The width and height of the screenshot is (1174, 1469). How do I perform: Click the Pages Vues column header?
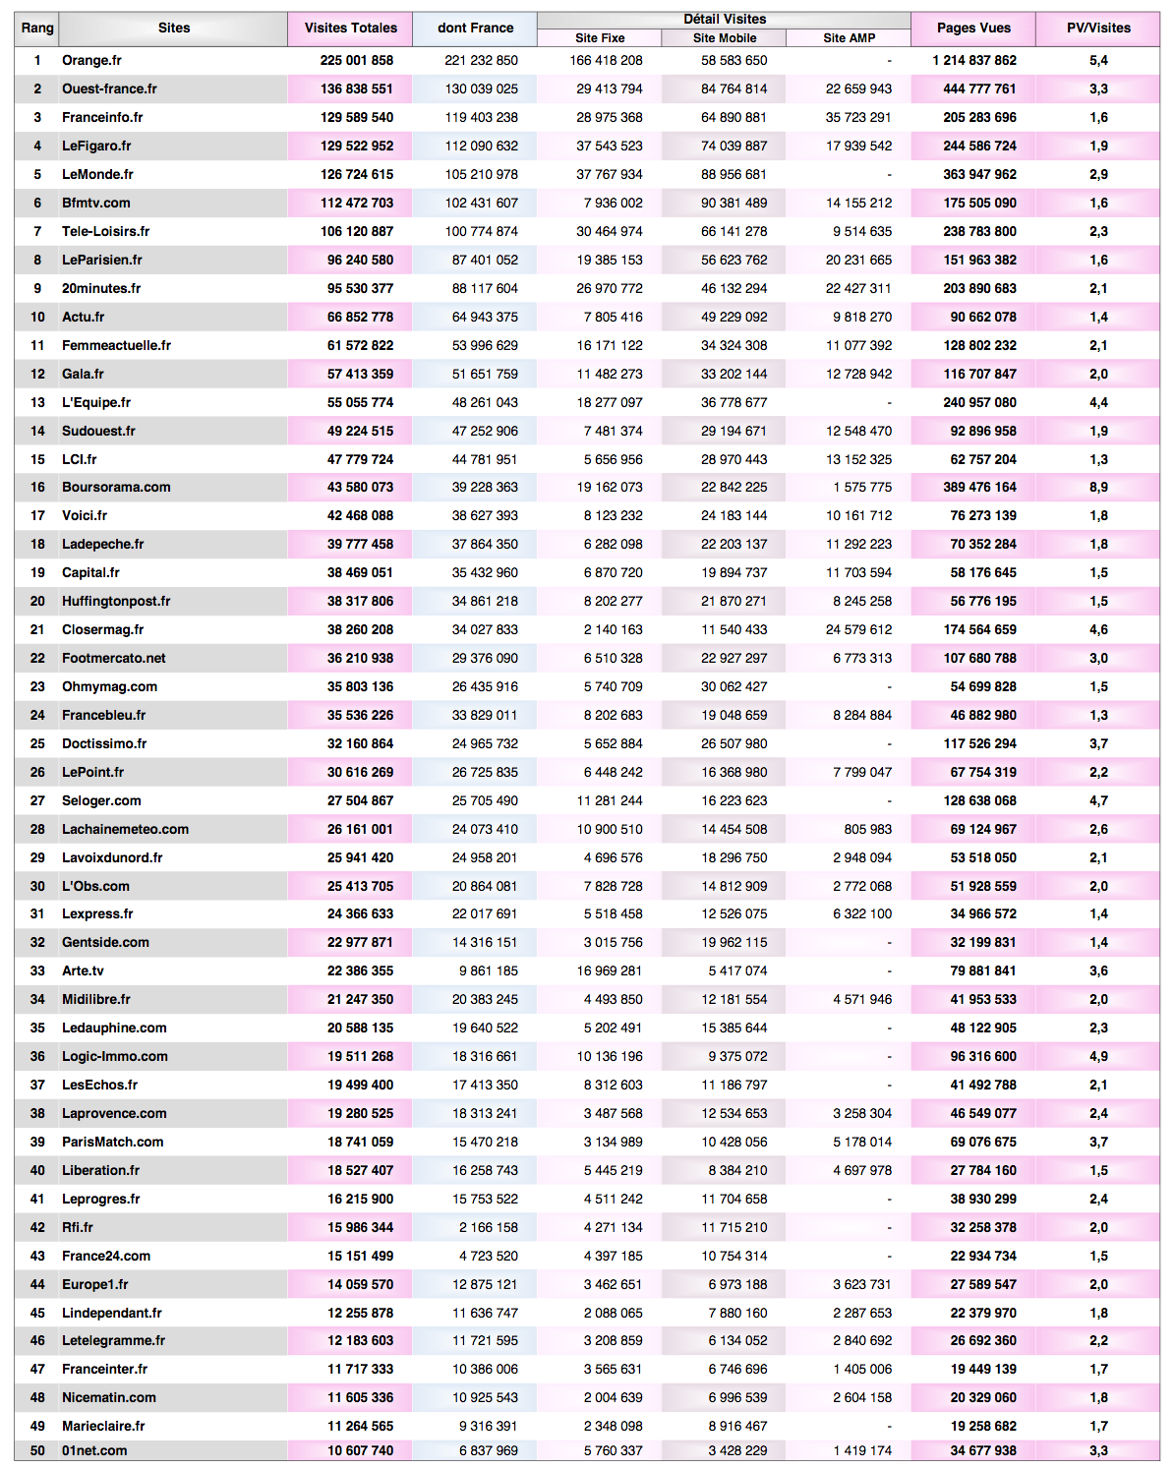(x=973, y=28)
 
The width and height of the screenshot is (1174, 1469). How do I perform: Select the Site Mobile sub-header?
(x=725, y=38)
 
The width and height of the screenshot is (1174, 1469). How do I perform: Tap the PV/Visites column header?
(x=1098, y=28)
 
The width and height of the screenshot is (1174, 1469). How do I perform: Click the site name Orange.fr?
(x=91, y=60)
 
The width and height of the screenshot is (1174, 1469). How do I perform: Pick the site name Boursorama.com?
(x=116, y=487)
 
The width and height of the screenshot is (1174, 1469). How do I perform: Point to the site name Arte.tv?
(x=83, y=970)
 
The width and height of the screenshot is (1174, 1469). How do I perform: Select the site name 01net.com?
(x=94, y=1450)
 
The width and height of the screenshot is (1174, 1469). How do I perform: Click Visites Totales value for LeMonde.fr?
(x=357, y=174)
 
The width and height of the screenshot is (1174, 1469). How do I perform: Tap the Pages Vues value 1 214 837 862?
(x=974, y=60)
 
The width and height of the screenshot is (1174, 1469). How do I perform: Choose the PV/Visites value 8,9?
(x=1098, y=487)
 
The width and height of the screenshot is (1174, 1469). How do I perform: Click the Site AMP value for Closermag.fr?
(x=858, y=629)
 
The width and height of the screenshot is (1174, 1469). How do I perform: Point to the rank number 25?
(x=37, y=743)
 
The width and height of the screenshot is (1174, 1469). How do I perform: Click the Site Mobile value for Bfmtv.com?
(x=734, y=203)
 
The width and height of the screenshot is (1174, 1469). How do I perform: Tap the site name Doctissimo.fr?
(x=104, y=743)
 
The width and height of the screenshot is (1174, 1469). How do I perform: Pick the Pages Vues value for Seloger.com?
(x=979, y=800)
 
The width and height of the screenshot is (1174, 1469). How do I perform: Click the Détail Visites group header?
(x=725, y=19)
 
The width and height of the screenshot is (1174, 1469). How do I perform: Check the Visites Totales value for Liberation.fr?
(x=360, y=1170)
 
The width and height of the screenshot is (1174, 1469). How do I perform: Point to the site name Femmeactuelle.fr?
(x=116, y=345)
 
